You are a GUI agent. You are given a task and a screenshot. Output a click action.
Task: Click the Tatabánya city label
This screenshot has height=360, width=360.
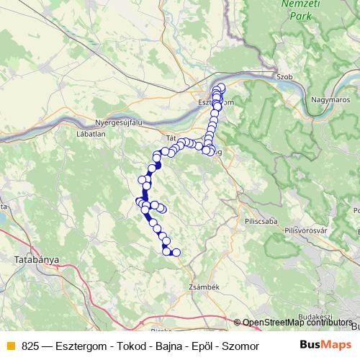[x=36, y=258]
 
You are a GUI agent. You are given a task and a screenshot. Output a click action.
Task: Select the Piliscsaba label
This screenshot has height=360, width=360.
[x=260, y=221]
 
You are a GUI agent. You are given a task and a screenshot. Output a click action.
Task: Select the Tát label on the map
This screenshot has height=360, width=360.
[x=171, y=136]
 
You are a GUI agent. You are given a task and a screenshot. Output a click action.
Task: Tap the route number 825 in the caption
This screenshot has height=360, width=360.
[x=30, y=346]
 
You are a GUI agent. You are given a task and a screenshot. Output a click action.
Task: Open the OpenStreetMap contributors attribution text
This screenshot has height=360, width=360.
[x=297, y=323]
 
